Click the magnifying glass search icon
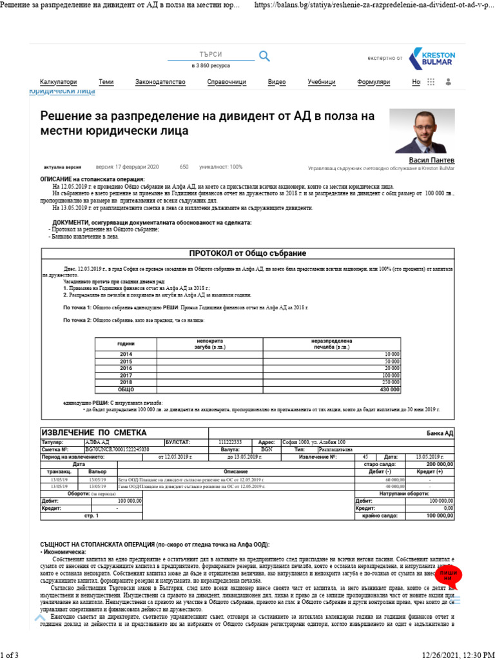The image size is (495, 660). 264,56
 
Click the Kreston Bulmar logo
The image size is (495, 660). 433,57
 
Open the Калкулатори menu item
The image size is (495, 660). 58,82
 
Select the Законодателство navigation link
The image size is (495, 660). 160,82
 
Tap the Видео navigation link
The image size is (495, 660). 277,82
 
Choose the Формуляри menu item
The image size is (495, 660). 374,82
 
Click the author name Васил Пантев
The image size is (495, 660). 431,160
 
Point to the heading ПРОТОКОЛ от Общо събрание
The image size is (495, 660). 247,253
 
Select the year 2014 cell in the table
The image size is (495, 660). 126,354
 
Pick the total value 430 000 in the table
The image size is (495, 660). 389,389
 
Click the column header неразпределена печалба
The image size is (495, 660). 331,344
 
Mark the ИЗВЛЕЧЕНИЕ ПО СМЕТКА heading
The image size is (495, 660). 94,432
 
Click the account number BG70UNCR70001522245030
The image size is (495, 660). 117,449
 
